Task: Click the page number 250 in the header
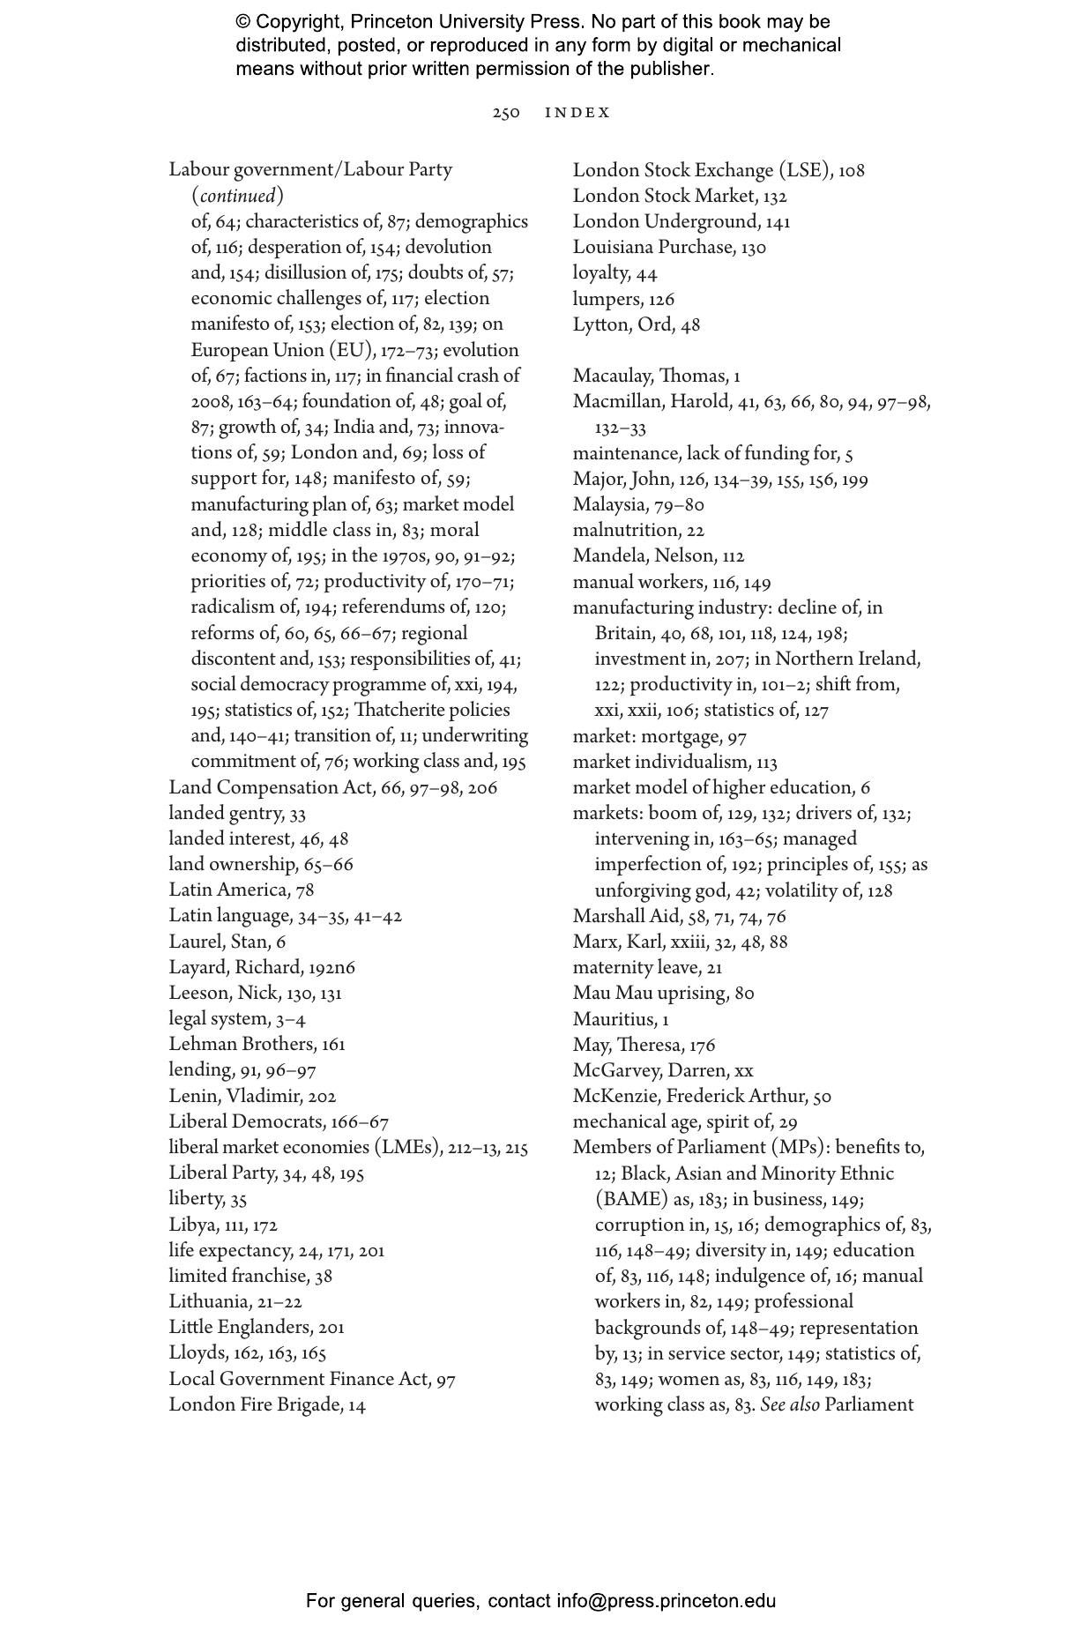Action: [506, 113]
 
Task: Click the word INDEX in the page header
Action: [577, 113]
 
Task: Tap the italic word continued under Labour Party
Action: [238, 196]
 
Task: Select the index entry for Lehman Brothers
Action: [257, 1045]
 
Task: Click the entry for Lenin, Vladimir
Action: [252, 1096]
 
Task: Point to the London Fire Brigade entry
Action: [266, 1404]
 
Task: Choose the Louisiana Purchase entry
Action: [669, 247]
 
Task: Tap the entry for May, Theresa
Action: [644, 1045]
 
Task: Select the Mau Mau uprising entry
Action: [663, 994]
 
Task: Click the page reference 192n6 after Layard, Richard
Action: [331, 967]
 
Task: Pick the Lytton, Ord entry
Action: [636, 324]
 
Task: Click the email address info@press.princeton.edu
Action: [666, 1601]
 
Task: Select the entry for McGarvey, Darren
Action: [663, 1070]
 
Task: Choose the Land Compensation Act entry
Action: [332, 787]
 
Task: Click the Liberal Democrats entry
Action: [279, 1121]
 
